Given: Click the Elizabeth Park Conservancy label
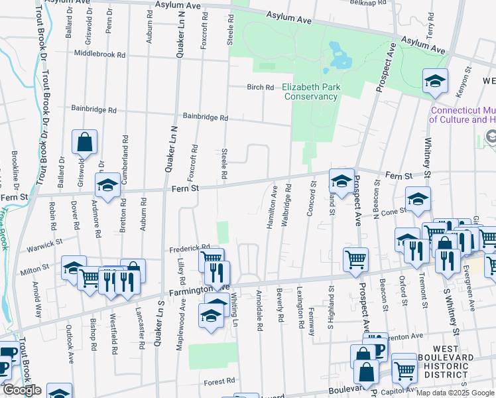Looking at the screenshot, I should (310, 92).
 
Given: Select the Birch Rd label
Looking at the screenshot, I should (260, 87).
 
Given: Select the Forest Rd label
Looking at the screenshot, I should (219, 382).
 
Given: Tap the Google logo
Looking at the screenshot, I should (21, 390).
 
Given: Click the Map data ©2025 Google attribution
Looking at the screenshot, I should (455, 393).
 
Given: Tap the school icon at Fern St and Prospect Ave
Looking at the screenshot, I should (341, 181).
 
